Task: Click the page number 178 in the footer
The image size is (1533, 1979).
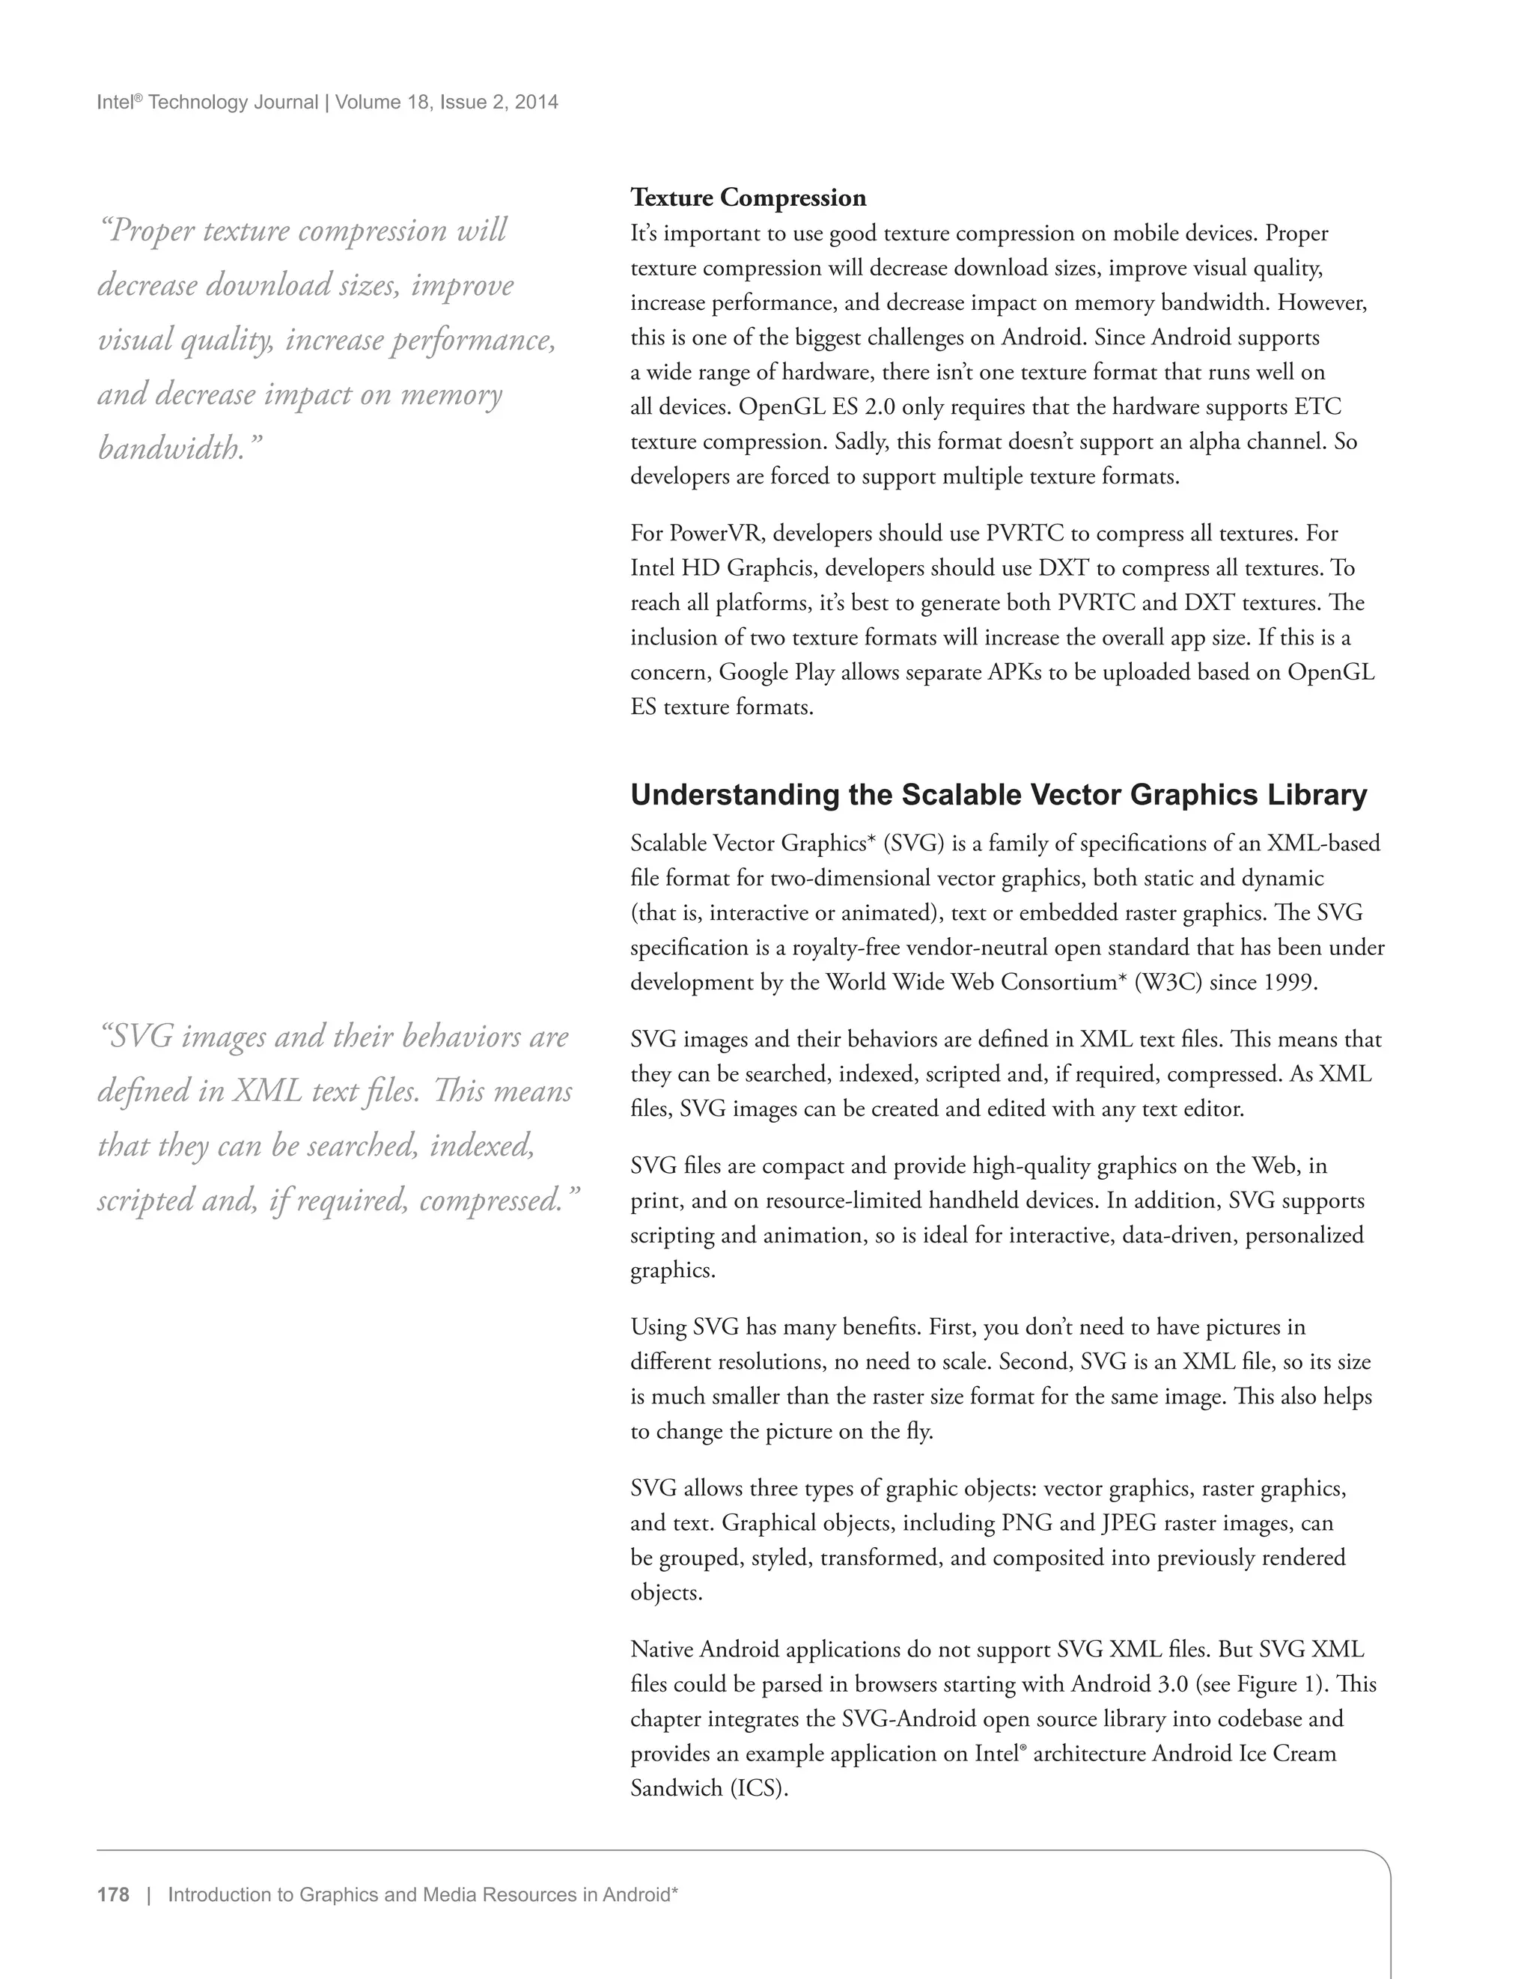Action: [113, 1894]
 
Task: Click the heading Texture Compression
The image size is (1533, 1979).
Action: [748, 198]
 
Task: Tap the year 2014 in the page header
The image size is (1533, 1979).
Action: [537, 103]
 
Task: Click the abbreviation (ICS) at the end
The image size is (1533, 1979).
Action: [758, 1788]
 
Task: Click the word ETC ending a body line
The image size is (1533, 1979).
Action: [1317, 407]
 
